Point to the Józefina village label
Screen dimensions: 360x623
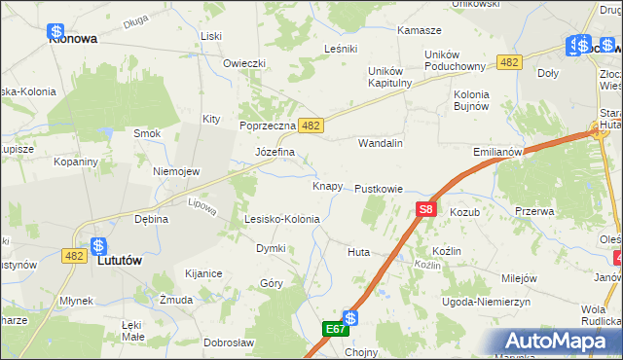click(x=275, y=153)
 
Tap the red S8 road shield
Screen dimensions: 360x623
click(x=425, y=209)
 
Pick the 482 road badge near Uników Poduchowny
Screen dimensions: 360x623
click(x=507, y=62)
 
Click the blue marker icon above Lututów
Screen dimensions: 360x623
click(x=98, y=246)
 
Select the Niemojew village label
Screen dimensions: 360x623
click(x=176, y=171)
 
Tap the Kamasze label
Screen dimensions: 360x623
click(x=420, y=30)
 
